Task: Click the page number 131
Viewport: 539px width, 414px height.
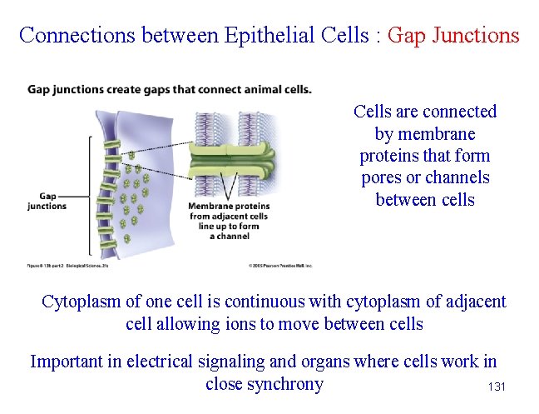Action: pyautogui.click(x=497, y=387)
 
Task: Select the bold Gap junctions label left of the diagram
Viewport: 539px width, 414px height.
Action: pyautogui.click(x=47, y=201)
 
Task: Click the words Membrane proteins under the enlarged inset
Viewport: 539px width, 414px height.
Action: pyautogui.click(x=228, y=207)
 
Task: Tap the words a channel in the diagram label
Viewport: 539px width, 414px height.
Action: pyautogui.click(x=229, y=237)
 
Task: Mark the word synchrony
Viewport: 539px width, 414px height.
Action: pyautogui.click(x=287, y=384)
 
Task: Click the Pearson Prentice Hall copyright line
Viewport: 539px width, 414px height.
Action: pyautogui.click(x=279, y=266)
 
